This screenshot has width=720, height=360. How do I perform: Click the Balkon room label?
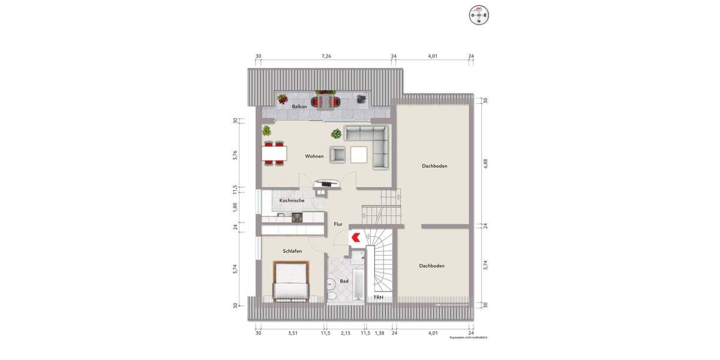299,107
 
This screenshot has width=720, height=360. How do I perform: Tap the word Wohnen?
314,157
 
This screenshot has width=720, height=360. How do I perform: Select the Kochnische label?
292,200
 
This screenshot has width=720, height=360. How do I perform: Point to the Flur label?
338,224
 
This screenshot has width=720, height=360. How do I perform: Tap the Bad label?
344,280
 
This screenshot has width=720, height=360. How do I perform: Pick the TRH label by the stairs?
379,298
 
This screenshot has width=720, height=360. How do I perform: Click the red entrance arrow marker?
355,237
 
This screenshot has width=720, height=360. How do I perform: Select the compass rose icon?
479,14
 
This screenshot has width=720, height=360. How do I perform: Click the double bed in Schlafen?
291,281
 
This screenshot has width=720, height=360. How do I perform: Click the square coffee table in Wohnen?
359,154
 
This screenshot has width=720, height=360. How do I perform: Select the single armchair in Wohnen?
338,154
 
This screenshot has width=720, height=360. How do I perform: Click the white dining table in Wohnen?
274,154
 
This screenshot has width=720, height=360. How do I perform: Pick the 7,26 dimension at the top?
326,56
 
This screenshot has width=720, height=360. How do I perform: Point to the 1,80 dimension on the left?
236,207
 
